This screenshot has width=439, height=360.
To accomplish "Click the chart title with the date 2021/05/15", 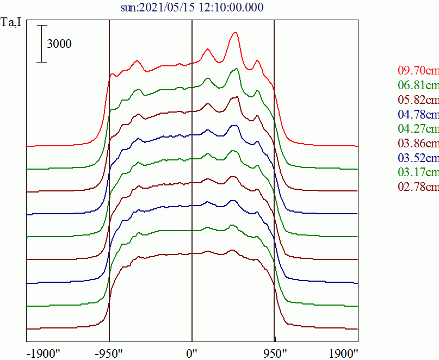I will (x=193, y=7).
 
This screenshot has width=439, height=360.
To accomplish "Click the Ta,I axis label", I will (x=12, y=23).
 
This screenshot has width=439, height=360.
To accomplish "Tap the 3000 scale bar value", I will (x=59, y=45).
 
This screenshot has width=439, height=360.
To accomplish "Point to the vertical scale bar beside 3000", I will (x=42, y=44).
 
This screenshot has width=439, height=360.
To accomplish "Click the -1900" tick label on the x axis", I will (x=43, y=353).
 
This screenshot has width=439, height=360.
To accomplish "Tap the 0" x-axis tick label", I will (x=193, y=353).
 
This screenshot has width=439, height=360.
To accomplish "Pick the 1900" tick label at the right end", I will (x=343, y=353).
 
